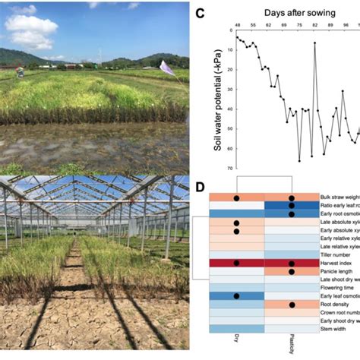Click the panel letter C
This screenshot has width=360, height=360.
click(x=200, y=13)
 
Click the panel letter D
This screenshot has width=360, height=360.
click(x=200, y=186)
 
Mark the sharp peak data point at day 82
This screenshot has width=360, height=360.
click(x=314, y=43)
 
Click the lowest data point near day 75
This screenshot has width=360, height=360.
click(x=299, y=160)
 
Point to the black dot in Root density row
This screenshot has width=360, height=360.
click(x=292, y=305)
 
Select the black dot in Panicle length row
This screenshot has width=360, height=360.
click(x=292, y=271)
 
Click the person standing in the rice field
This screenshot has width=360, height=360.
click(x=20, y=73)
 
